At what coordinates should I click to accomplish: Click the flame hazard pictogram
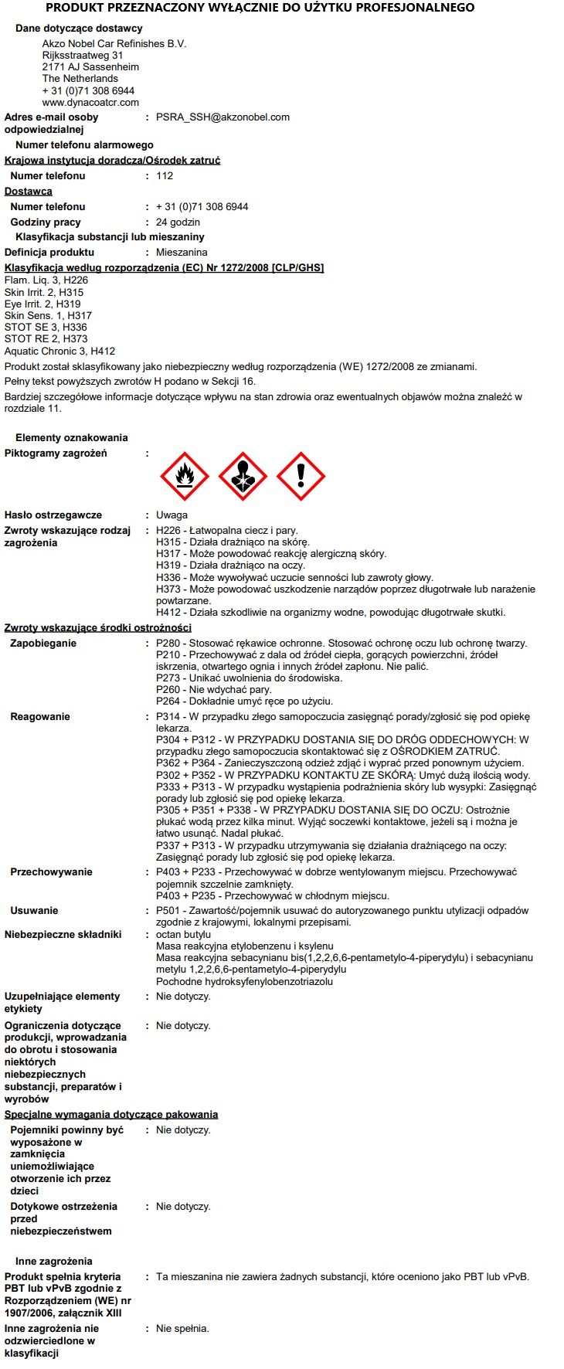[185, 477]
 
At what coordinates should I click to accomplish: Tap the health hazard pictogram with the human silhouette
[243, 477]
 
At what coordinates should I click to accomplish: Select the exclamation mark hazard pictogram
[301, 477]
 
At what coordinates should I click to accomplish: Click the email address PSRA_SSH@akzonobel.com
[223, 117]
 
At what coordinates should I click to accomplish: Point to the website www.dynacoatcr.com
[90, 102]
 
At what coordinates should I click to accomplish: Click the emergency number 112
[165, 176]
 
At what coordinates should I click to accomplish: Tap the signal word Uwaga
[172, 515]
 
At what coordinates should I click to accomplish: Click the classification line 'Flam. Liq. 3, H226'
[46, 280]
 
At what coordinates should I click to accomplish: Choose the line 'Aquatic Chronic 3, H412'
[59, 351]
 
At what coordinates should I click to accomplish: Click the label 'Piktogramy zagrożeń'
[56, 454]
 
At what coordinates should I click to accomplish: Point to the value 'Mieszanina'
[182, 253]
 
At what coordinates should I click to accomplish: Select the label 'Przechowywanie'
[51, 872]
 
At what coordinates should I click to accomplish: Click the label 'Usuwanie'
[34, 911]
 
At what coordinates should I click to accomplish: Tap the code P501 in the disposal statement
[168, 911]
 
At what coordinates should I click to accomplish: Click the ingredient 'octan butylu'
[183, 935]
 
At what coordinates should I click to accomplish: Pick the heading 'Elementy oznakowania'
[71, 438]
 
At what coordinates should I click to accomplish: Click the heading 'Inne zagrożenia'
[53, 1262]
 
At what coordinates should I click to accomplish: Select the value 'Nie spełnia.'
[182, 1329]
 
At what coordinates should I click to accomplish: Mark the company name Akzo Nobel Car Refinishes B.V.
[114, 44]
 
